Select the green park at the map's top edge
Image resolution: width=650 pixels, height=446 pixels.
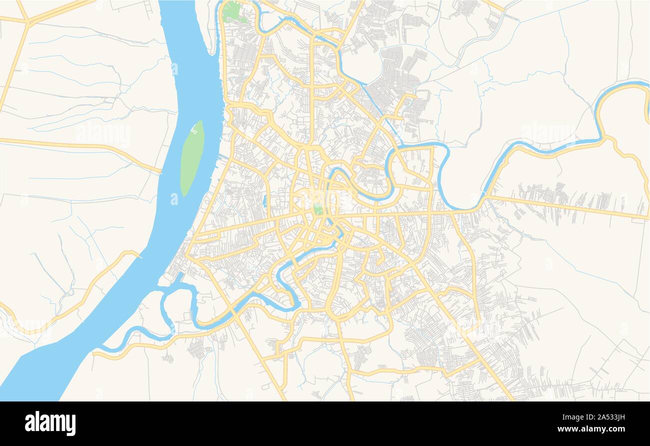(x=232, y=12)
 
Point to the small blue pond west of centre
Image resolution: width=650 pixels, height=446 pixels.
(x=264, y=201)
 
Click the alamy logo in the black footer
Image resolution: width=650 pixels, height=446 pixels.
(x=50, y=423)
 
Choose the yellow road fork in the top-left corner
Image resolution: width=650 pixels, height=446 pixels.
(x=27, y=22)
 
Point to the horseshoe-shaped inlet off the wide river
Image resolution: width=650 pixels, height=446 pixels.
(x=177, y=305)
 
